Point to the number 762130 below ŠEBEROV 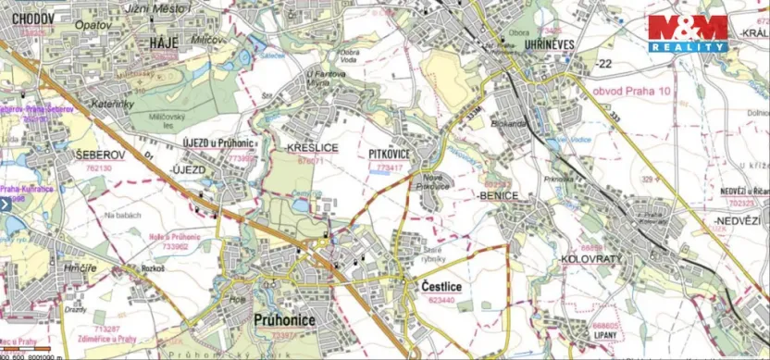coord(93,168)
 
